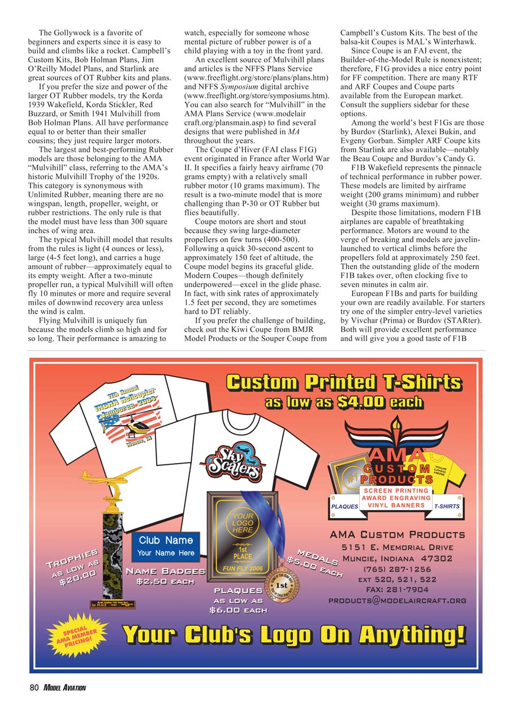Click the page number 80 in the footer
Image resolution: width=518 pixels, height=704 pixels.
click(34, 688)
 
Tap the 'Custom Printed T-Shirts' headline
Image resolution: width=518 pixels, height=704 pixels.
click(343, 383)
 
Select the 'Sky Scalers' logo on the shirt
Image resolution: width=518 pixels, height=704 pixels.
click(228, 460)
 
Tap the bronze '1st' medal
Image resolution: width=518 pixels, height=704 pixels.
click(281, 586)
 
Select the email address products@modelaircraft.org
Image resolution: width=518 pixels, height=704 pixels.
click(398, 600)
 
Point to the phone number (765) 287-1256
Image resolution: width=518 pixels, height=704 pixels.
click(397, 569)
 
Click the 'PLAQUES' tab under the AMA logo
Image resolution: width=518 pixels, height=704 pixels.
click(344, 506)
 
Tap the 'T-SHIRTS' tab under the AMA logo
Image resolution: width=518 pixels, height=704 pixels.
click(447, 506)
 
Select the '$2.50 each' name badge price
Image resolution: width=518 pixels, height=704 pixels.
click(166, 581)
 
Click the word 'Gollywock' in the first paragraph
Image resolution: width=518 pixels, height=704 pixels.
click(80, 33)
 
